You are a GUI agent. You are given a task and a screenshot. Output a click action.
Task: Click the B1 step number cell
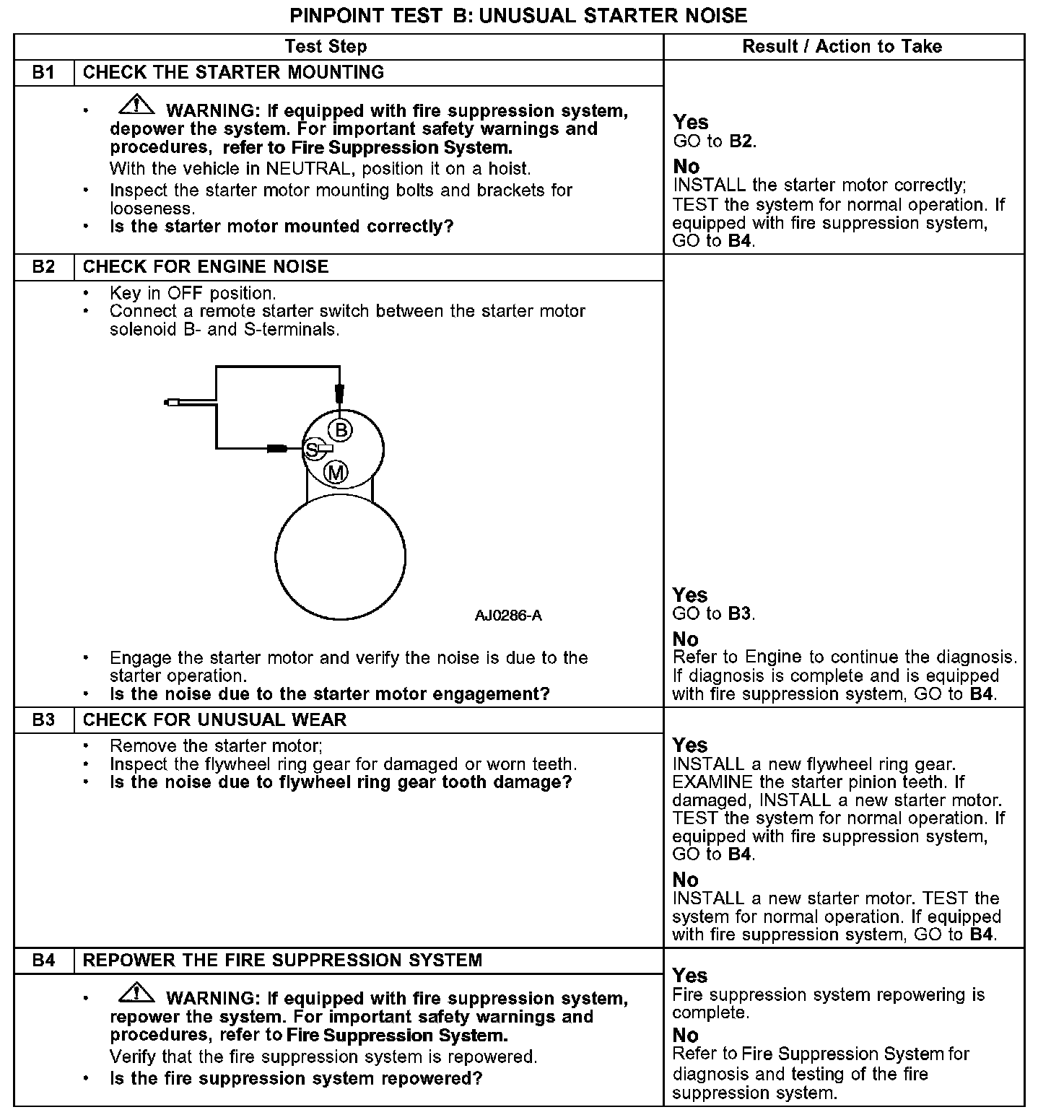43,73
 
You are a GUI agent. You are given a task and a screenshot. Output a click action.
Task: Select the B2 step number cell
43,267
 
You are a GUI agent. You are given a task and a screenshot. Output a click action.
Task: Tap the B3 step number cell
43,720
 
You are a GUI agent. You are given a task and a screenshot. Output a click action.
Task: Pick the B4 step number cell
43,961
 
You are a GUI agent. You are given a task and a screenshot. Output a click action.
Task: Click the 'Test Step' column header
326,47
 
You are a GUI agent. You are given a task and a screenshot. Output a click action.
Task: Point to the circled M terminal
336,473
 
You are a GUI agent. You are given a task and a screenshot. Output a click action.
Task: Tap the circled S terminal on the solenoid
313,450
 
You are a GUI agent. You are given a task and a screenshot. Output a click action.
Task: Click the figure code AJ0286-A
508,616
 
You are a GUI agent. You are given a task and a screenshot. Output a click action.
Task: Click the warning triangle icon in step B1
136,106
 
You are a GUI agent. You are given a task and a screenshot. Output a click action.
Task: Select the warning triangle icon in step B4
136,994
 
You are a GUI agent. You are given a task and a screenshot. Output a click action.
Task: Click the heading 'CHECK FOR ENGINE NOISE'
206,267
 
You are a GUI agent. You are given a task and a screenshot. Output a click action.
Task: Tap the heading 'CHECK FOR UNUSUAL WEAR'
214,720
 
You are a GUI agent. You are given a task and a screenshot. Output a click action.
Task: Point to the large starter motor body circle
340,557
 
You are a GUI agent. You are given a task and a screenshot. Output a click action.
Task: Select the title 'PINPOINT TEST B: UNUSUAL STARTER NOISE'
518,15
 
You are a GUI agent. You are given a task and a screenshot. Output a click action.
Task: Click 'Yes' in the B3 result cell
690,745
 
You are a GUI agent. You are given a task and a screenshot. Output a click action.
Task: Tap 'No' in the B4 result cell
686,1036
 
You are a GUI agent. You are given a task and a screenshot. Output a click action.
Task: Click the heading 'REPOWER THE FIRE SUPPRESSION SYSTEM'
282,961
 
